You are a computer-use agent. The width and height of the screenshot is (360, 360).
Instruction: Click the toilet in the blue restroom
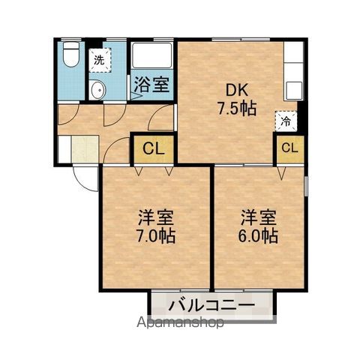(x=71, y=55)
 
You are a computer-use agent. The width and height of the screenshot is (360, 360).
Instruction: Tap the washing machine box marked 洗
(x=100, y=61)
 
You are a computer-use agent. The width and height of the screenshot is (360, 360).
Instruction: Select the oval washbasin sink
(x=97, y=90)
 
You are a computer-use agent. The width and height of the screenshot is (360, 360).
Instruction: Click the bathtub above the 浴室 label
(x=151, y=55)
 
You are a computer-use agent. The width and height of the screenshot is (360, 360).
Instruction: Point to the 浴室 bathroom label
(x=151, y=85)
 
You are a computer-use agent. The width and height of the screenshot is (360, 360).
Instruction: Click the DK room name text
(x=237, y=90)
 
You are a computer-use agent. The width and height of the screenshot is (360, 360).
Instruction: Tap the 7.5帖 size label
(x=237, y=109)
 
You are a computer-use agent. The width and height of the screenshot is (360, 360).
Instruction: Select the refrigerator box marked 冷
(x=286, y=121)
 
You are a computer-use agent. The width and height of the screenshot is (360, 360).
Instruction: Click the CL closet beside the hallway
(x=154, y=149)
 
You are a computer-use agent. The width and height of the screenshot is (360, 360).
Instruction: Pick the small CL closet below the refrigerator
(x=290, y=148)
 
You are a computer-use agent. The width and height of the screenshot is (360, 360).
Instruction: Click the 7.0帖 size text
(x=156, y=235)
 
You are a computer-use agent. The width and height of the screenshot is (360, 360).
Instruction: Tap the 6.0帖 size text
(x=258, y=235)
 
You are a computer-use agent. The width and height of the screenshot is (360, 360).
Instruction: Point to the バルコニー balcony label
(x=211, y=305)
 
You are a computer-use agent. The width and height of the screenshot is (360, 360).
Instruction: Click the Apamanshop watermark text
(x=180, y=322)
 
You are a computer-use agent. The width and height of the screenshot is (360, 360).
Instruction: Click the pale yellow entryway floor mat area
(x=85, y=149)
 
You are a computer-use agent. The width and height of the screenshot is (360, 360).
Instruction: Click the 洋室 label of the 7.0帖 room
(x=156, y=217)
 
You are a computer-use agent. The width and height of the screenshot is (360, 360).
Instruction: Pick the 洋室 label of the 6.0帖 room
(x=259, y=217)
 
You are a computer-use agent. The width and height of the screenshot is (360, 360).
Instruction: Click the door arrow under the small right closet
(x=281, y=172)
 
